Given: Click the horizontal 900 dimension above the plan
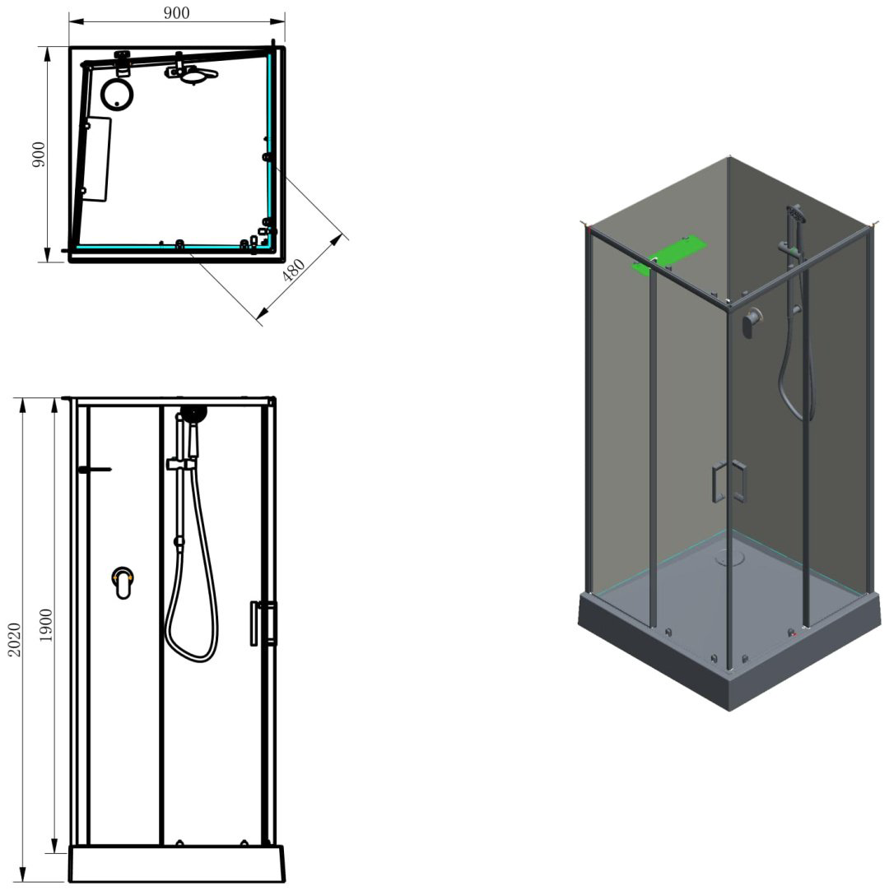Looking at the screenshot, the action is point(177,12).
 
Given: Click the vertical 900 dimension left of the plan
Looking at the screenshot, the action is point(38,155).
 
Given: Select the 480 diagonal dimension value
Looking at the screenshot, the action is point(294,271).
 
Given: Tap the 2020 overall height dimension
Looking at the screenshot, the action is point(14,640).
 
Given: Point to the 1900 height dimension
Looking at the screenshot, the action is point(45,625).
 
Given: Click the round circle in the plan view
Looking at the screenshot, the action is point(117,94).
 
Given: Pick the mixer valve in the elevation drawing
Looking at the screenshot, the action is point(123,582).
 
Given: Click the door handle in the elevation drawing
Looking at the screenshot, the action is point(263,623).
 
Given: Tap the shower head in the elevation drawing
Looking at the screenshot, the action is point(193,414).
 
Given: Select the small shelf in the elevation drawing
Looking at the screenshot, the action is point(95,470).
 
